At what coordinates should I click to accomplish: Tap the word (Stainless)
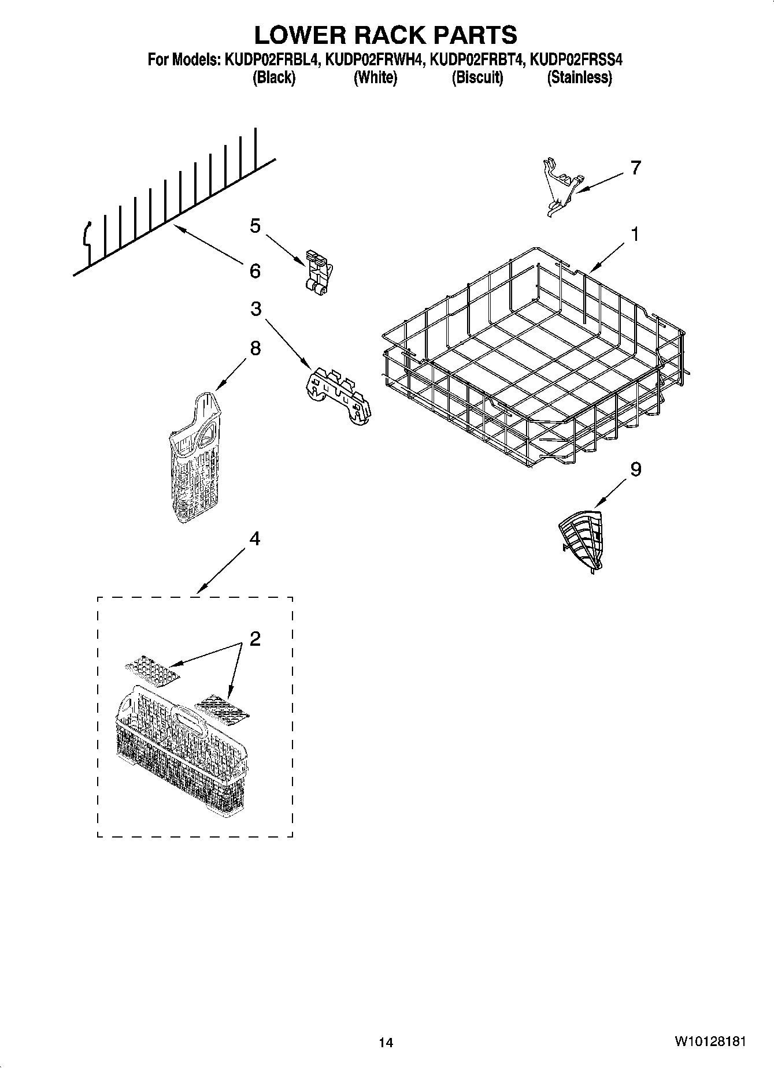pyautogui.click(x=579, y=77)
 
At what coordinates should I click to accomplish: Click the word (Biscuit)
pyautogui.click(x=477, y=77)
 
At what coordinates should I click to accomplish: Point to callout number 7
pyautogui.click(x=635, y=168)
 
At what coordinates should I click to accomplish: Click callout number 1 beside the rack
pyautogui.click(x=635, y=235)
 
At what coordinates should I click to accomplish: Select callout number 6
pyautogui.click(x=255, y=271)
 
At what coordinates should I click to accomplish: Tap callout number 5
pyautogui.click(x=255, y=226)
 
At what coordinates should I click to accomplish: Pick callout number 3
pyautogui.click(x=255, y=309)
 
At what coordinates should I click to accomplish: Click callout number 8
pyautogui.click(x=255, y=348)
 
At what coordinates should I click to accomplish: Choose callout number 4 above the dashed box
pyautogui.click(x=254, y=539)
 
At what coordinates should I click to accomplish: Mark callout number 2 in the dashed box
pyautogui.click(x=255, y=639)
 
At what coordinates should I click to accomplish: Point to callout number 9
pyautogui.click(x=635, y=470)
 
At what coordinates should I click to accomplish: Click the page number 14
pyautogui.click(x=386, y=1043)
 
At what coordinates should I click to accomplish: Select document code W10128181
pyautogui.click(x=709, y=1041)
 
